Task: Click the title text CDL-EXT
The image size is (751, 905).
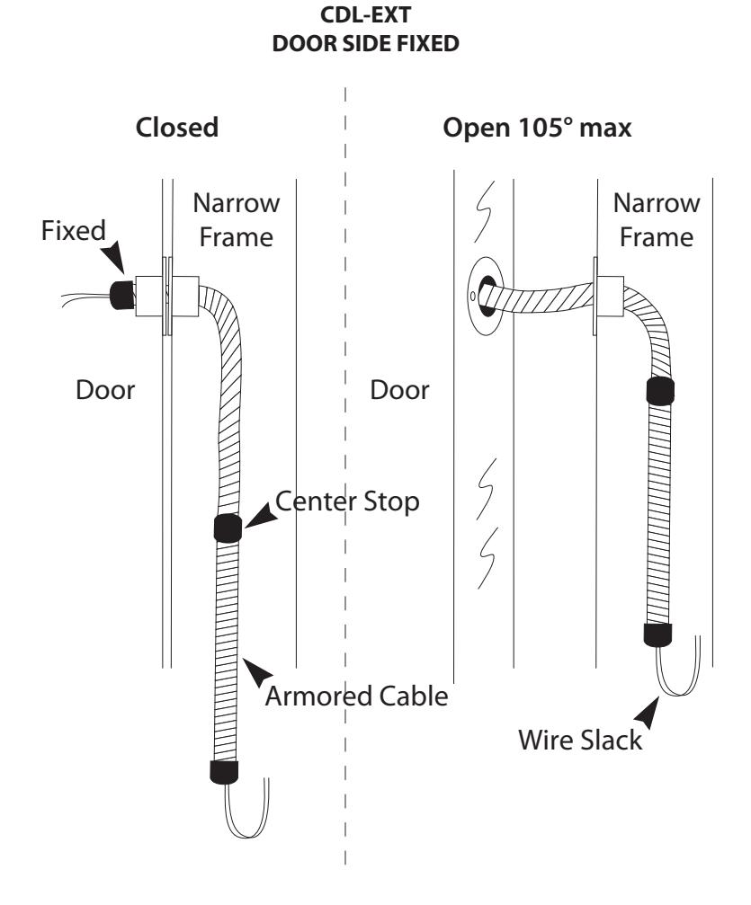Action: tap(365, 15)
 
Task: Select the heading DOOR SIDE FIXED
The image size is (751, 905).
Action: tap(366, 43)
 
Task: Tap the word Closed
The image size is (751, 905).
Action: tap(177, 128)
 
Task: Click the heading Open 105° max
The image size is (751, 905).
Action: tap(537, 128)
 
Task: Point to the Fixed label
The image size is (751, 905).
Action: tap(74, 230)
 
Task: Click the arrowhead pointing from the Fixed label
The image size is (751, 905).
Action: tap(114, 256)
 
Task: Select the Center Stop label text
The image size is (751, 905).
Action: tap(347, 501)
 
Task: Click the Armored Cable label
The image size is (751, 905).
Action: tap(357, 696)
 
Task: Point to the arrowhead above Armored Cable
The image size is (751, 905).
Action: tap(257, 671)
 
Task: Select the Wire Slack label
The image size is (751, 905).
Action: tap(580, 740)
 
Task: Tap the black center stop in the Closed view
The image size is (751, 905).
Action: tap(228, 528)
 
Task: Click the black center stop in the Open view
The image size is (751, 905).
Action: tap(660, 391)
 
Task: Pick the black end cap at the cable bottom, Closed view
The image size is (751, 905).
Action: tap(224, 772)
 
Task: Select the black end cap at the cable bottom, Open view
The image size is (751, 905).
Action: tap(658, 634)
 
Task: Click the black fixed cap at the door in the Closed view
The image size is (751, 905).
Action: tap(122, 295)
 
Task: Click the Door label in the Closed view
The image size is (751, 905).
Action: tap(105, 390)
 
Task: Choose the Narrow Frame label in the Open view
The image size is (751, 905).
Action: tap(657, 220)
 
